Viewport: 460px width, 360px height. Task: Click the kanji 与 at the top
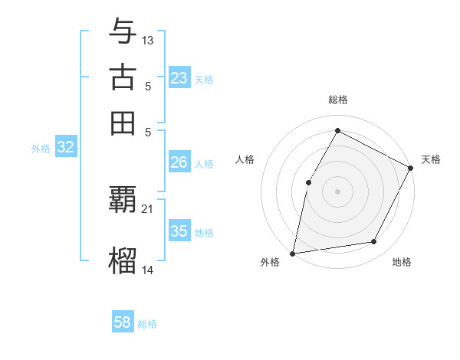click(x=123, y=32)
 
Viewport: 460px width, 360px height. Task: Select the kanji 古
click(x=123, y=77)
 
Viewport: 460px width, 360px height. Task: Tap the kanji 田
click(x=123, y=123)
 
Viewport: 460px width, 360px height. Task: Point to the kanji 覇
click(x=123, y=200)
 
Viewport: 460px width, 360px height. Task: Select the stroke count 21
click(x=148, y=208)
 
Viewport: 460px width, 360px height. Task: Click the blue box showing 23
click(x=179, y=78)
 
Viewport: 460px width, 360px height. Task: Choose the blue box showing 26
click(x=179, y=162)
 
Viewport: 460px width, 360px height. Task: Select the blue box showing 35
click(x=179, y=231)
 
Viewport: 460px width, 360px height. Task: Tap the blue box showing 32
click(x=65, y=148)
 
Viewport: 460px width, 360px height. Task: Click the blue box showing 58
click(x=123, y=322)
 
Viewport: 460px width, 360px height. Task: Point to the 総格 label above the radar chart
click(x=338, y=100)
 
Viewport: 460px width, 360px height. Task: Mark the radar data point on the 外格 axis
click(x=293, y=253)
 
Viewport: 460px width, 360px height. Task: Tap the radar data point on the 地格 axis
click(x=374, y=242)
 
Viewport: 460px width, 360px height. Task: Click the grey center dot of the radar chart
click(x=338, y=191)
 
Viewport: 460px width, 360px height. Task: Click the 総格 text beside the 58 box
click(x=147, y=324)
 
